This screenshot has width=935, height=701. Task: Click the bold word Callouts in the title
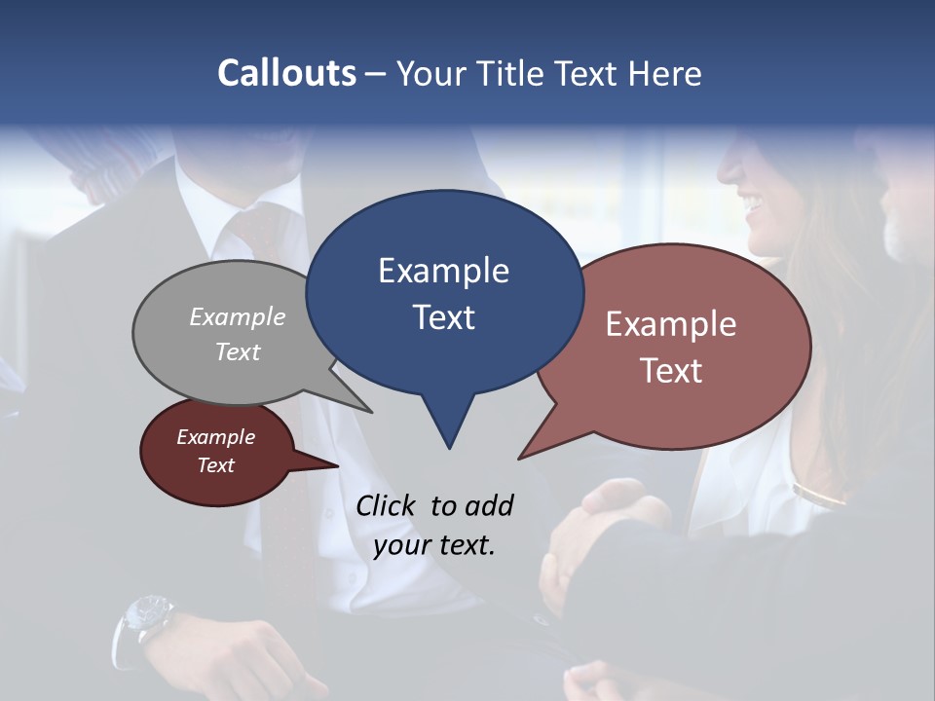[286, 73]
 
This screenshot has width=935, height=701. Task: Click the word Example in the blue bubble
[443, 271]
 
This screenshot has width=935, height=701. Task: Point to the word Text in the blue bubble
[443, 317]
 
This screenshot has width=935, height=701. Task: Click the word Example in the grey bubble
[238, 316]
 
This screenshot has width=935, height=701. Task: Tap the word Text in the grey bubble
[238, 351]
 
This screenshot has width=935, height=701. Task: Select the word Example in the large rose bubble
[671, 324]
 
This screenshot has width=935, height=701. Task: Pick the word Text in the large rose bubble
[671, 371]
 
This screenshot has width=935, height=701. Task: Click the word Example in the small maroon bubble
[215, 437]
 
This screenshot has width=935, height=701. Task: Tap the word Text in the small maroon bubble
[215, 465]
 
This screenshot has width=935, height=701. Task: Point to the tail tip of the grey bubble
[371, 411]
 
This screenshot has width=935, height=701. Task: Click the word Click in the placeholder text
[388, 505]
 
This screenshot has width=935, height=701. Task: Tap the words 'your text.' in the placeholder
[434, 545]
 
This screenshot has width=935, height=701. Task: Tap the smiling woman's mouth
[752, 205]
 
